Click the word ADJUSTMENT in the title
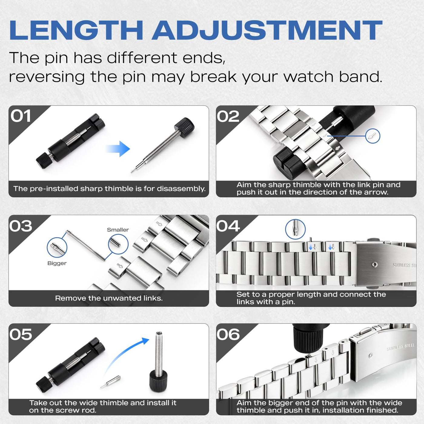point(267,30)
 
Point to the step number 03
point(21,226)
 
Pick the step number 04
point(228,226)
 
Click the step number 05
point(21,334)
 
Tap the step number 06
point(228,334)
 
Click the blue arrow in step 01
point(118,149)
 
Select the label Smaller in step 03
point(118,230)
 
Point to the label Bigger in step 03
point(57,263)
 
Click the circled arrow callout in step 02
point(373,136)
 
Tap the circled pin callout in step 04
point(295,229)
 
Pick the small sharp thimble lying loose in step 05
point(111,382)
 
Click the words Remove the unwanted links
point(109,298)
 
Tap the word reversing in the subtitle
point(47,77)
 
